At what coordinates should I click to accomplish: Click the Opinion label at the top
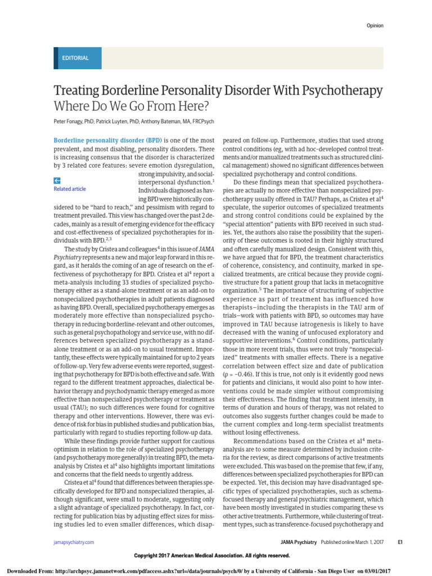(375, 25)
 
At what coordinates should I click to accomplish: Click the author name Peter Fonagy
(70, 121)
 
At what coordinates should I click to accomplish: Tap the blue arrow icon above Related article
(57, 181)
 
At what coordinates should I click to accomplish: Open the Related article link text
(70, 189)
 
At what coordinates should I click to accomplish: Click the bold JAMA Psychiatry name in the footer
(299, 542)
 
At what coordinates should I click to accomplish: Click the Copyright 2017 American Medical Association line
(211, 556)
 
